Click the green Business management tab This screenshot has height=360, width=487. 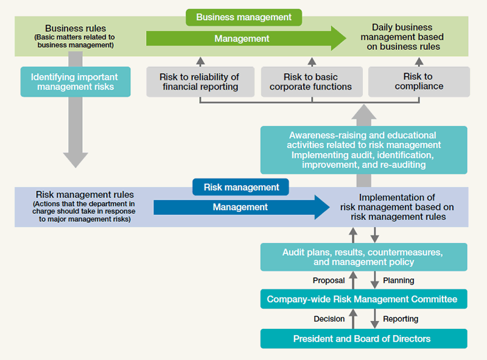(x=243, y=17)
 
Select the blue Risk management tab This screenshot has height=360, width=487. (x=241, y=188)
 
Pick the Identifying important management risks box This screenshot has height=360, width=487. (x=75, y=82)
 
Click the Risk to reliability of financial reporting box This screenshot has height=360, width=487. (x=200, y=82)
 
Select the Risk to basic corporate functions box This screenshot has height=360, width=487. (x=311, y=82)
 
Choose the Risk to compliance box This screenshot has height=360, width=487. (x=419, y=82)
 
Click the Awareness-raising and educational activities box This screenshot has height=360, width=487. (x=363, y=150)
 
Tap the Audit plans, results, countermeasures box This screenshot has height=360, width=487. (x=363, y=257)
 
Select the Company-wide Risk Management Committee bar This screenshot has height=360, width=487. (x=363, y=299)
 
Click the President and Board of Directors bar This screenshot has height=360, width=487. (x=363, y=339)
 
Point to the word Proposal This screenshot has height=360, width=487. (x=329, y=281)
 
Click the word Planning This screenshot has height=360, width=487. (x=399, y=281)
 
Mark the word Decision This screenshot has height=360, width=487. (x=329, y=319)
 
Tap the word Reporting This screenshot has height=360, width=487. (x=401, y=319)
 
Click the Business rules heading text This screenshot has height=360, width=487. (x=75, y=29)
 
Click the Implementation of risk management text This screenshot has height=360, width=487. (x=396, y=207)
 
